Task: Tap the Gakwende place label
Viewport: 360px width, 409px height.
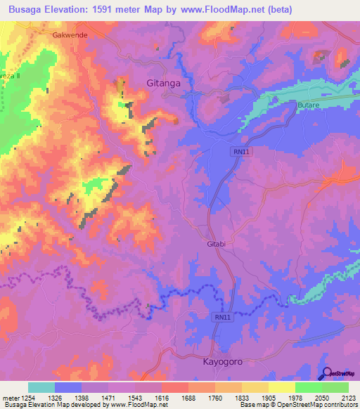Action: (68, 34)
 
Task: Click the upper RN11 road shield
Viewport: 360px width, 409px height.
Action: (240, 152)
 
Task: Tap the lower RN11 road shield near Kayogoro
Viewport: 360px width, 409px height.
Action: (222, 318)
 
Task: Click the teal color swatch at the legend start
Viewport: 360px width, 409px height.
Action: (41, 388)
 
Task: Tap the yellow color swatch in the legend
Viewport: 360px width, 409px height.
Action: (281, 388)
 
